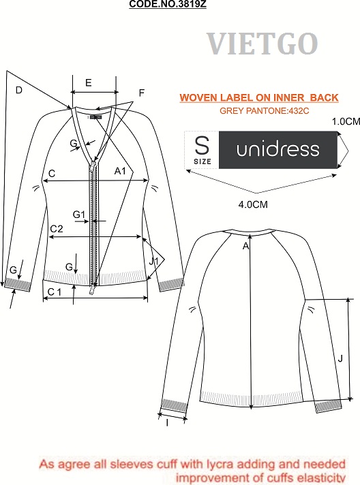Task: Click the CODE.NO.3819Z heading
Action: (x=168, y=4)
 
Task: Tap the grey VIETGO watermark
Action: (x=262, y=44)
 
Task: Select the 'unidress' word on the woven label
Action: (x=277, y=150)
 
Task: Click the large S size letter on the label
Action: (x=202, y=145)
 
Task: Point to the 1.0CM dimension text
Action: (x=346, y=121)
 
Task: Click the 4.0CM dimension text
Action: (x=253, y=204)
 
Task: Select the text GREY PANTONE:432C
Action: (x=264, y=111)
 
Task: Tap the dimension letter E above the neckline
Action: (x=89, y=83)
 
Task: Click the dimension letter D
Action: (x=19, y=90)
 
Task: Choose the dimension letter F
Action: (x=142, y=93)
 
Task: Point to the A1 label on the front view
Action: (x=120, y=171)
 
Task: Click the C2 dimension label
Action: (x=57, y=229)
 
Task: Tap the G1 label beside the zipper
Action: (x=78, y=215)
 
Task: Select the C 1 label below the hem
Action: (x=55, y=292)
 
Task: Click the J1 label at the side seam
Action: (x=153, y=262)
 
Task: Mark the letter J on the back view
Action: (x=340, y=359)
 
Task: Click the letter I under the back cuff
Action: (x=168, y=423)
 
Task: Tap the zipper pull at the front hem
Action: (x=92, y=290)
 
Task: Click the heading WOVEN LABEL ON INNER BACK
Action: (x=259, y=97)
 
